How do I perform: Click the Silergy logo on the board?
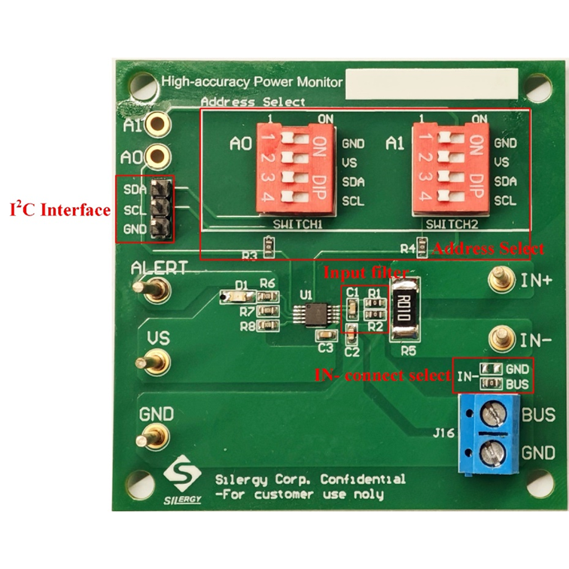point(183,480)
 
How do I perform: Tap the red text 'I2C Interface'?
point(59,208)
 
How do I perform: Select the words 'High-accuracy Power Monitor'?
point(252,82)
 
